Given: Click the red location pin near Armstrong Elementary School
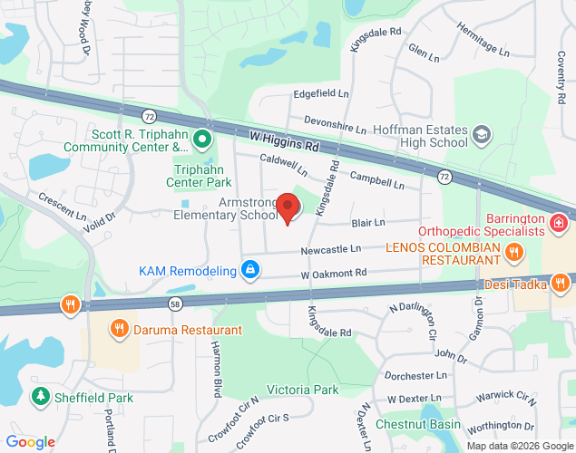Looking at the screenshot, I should [288, 207].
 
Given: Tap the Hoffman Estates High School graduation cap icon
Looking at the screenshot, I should [483, 135].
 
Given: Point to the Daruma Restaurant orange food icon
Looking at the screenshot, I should [118, 329].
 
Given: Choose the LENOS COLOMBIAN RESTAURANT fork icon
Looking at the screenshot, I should [513, 250].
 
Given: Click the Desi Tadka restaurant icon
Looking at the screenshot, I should [563, 282].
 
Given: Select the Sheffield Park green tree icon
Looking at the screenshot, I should [40, 396].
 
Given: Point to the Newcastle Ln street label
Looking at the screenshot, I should [331, 248].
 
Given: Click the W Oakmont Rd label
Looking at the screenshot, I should [334, 273].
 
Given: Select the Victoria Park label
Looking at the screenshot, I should [302, 390].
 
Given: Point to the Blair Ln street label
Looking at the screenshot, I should [368, 222].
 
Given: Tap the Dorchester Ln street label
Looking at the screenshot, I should [416, 375].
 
